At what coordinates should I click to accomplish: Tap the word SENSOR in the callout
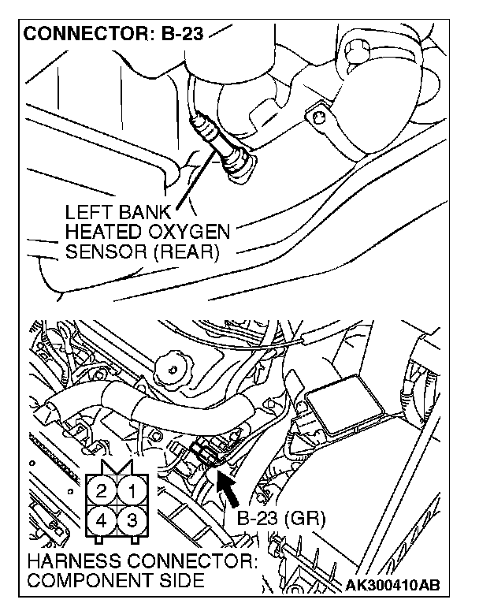[x=99, y=252]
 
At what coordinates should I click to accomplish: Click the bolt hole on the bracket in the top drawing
[x=319, y=117]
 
